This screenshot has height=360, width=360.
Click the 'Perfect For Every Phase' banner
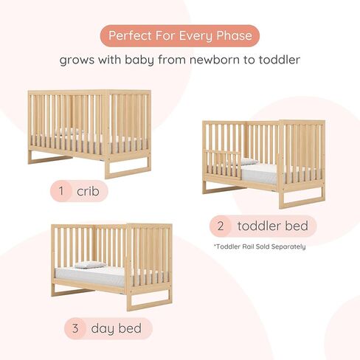[180, 36]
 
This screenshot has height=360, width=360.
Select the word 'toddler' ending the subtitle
[280, 60]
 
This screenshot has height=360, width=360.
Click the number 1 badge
[61, 191]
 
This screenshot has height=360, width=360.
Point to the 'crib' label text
[88, 191]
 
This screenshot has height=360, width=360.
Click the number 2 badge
[221, 226]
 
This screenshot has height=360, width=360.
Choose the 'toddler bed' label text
[272, 226]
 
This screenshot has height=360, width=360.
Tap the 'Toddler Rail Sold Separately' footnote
[260, 246]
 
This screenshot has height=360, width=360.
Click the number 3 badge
[75, 328]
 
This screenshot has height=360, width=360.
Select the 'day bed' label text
[117, 328]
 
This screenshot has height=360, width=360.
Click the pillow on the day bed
[90, 265]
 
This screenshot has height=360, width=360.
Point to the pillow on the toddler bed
[249, 162]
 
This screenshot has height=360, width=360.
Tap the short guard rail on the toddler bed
[224, 165]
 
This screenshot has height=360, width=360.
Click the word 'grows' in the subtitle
[77, 60]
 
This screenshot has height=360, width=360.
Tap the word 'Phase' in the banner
[234, 35]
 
